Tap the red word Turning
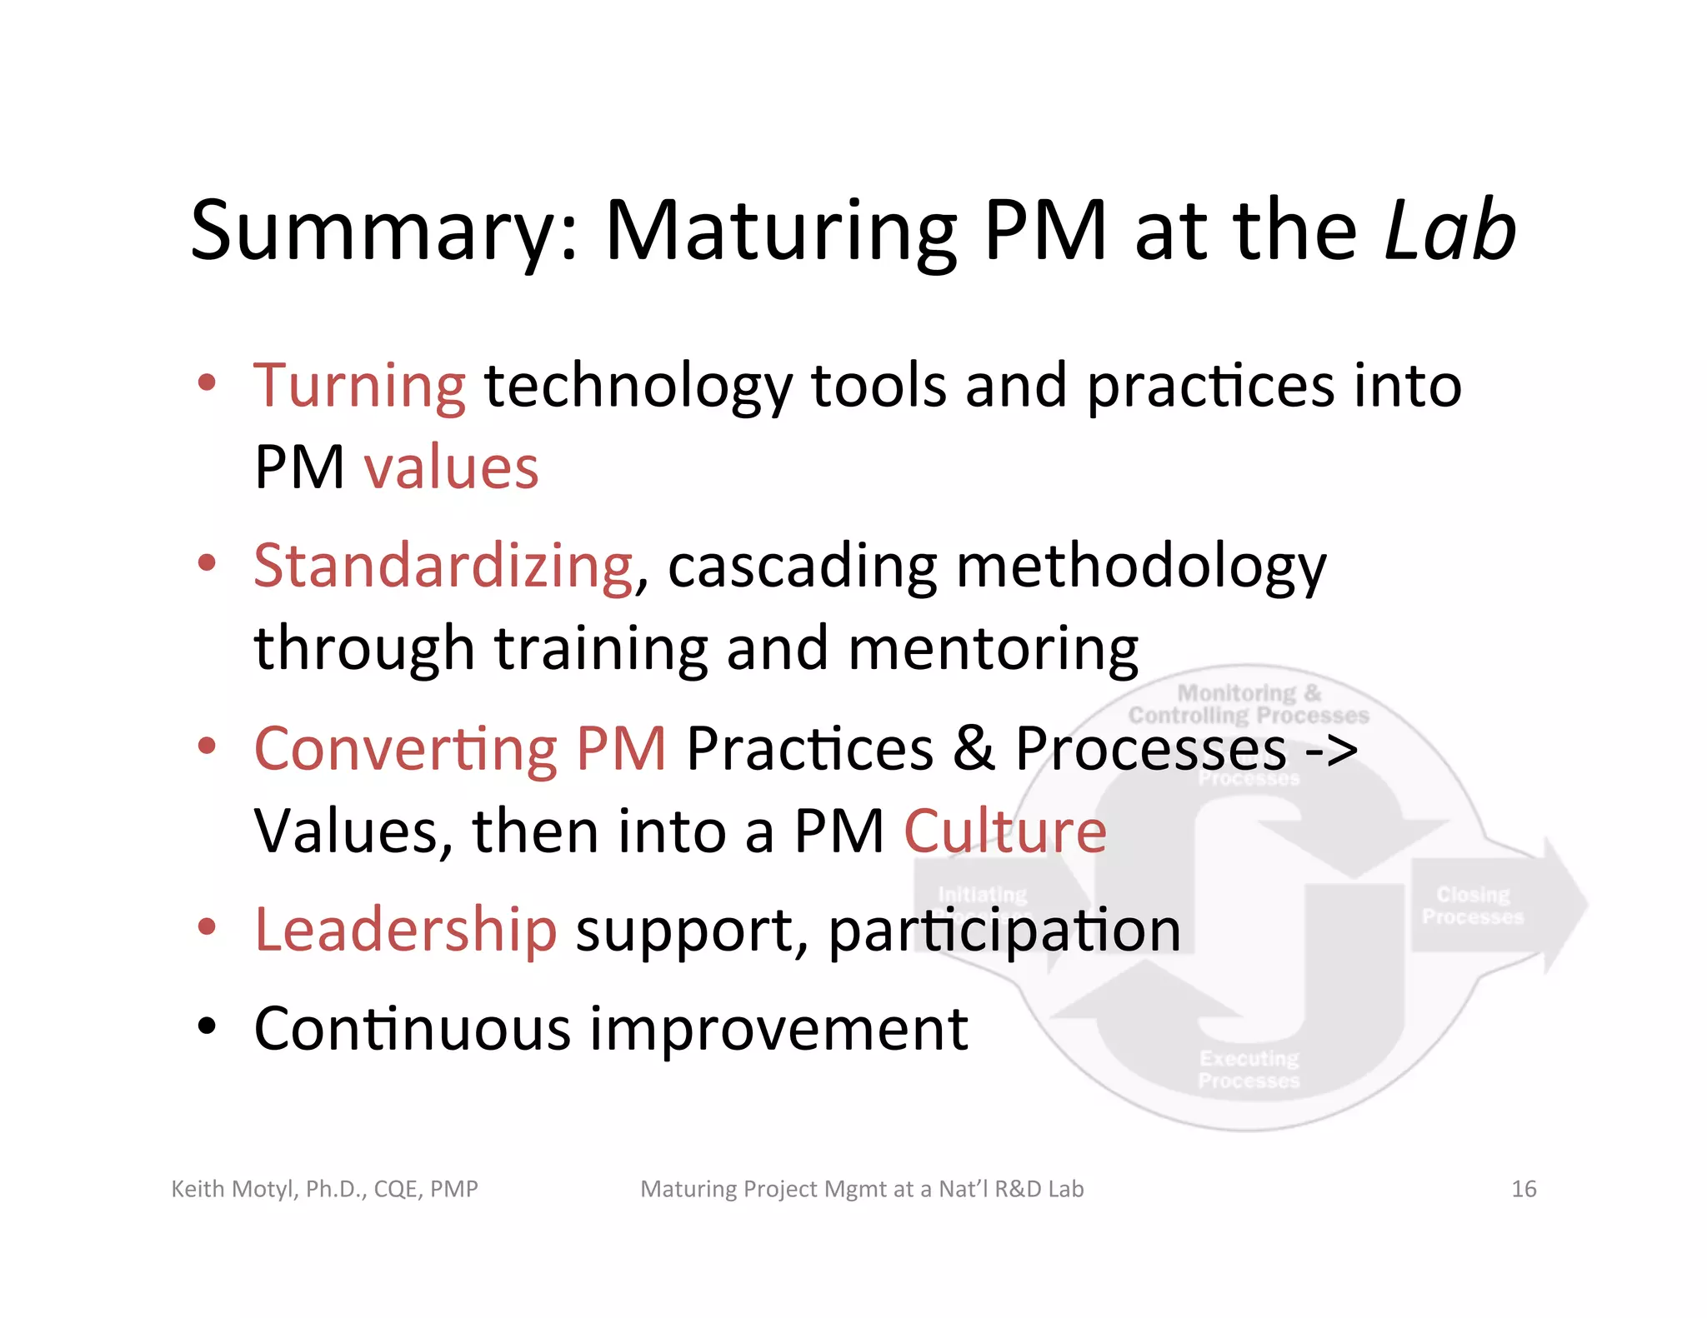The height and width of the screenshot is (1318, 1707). pos(359,386)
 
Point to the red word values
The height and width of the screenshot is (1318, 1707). pos(451,467)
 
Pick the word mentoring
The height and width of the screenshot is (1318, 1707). pos(993,649)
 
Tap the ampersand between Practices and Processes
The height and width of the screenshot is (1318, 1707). pos(974,748)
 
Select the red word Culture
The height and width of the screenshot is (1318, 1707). pos(1005,831)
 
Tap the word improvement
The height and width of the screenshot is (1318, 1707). pos(778,1029)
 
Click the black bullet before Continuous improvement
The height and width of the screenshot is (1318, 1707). pos(207,1027)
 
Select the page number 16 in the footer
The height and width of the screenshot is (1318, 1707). pos(1524,1189)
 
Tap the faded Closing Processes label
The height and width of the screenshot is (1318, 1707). pos(1473,906)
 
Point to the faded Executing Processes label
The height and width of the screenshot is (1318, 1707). pos(1249,1069)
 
